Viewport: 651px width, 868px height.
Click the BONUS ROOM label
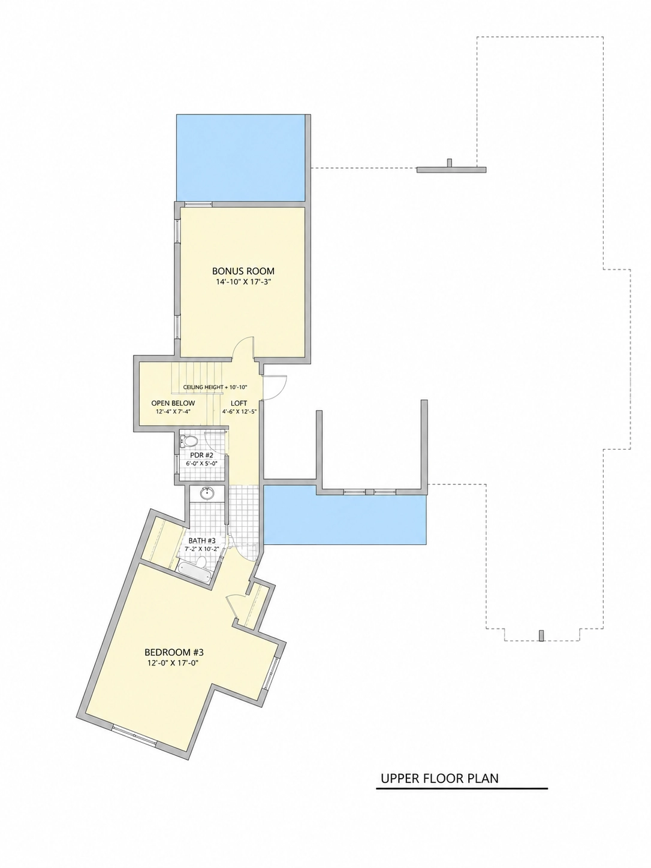pyautogui.click(x=243, y=271)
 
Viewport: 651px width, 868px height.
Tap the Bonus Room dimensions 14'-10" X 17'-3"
pyautogui.click(x=243, y=282)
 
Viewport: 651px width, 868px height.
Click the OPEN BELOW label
pyautogui.click(x=173, y=403)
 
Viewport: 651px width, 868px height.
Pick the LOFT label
pyautogui.click(x=239, y=403)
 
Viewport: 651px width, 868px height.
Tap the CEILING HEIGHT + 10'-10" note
pyautogui.click(x=218, y=387)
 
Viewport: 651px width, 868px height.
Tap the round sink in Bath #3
pyautogui.click(x=206, y=493)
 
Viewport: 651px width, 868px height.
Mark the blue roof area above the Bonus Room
pyautogui.click(x=240, y=158)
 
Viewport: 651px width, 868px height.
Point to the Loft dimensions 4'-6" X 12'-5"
pyautogui.click(x=240, y=411)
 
